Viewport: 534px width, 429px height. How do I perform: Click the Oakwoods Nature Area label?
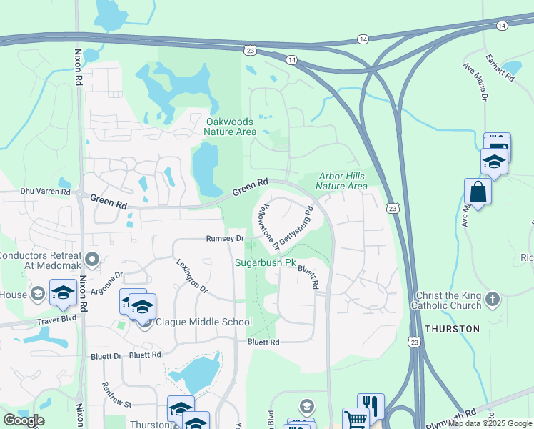tap(230, 127)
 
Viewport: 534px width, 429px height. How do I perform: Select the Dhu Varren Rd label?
tap(46, 192)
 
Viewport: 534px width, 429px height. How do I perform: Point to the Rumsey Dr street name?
tap(225, 239)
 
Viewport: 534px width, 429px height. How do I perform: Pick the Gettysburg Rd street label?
tap(297, 227)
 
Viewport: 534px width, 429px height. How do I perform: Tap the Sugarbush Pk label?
tap(266, 262)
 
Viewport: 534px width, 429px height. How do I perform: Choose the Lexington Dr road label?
tap(191, 276)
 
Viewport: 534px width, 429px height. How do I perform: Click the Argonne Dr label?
tap(109, 281)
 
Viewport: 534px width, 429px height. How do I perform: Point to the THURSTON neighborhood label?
tap(452, 328)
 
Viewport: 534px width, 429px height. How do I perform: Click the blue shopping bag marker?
tap(478, 191)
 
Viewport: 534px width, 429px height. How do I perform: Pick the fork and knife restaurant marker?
tap(371, 405)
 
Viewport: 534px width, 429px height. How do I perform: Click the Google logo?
tap(24, 420)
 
